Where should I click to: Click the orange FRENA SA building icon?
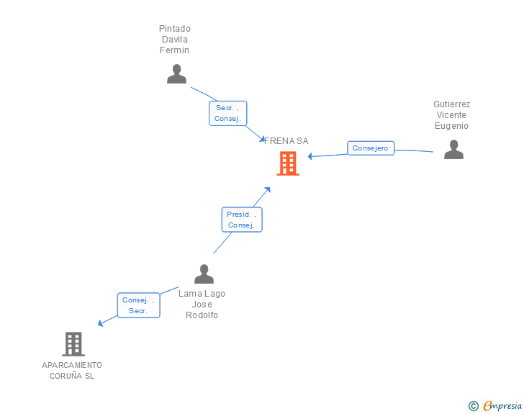click(288, 163)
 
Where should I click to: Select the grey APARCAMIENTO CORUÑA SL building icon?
click(73, 344)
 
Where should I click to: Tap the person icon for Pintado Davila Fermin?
click(176, 74)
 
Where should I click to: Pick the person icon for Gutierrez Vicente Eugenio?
click(453, 149)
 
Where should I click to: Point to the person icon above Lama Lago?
click(204, 274)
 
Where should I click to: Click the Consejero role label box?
click(371, 148)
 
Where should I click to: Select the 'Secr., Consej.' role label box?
click(227, 113)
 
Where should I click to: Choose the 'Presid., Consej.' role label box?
click(241, 219)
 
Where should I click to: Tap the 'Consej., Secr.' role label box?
click(138, 305)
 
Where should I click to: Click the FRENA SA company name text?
click(286, 141)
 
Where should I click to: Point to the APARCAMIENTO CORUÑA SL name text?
click(72, 370)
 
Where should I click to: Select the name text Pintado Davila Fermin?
click(175, 40)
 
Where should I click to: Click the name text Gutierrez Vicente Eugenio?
click(451, 115)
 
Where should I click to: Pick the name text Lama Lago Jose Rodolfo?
click(202, 305)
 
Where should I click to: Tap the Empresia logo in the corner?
click(502, 406)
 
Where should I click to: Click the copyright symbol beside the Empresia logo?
click(473, 406)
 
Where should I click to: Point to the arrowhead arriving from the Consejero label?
click(311, 156)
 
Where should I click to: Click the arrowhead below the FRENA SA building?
click(267, 190)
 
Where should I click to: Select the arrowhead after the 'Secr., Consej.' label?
click(262, 139)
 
